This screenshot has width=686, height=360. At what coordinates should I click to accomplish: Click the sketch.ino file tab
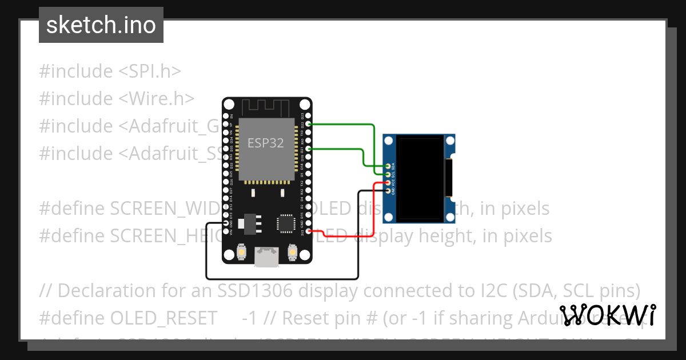pos(101,25)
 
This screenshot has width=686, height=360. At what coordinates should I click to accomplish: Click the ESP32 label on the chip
pos(265,143)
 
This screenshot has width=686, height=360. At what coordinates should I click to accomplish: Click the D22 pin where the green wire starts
pos(309,123)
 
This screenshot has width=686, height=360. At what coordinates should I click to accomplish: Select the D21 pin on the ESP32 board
pos(309,149)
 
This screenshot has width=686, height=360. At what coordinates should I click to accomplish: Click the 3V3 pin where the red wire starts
pos(309,231)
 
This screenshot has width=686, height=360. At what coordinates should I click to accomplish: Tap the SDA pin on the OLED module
pos(388,166)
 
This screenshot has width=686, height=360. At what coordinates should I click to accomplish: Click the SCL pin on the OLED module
pos(388,174)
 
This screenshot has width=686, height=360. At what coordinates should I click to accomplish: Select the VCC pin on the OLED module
pos(388,182)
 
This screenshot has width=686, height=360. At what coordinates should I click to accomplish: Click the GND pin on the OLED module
pos(388,190)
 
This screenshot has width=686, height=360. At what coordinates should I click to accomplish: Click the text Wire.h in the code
pos(166,98)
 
